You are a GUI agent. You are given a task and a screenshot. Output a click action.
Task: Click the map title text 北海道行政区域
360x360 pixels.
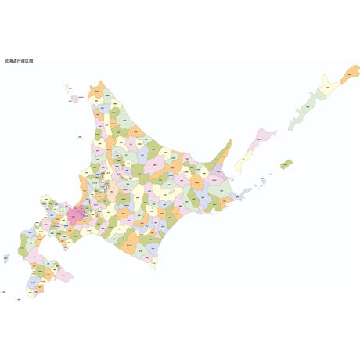pos(19,60)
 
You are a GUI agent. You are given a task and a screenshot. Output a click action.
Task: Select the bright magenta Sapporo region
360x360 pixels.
pos(77,213)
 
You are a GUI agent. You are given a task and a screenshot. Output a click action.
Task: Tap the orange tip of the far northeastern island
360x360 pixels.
pos(351,71)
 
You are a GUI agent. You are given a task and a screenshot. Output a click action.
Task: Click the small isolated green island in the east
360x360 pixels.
pos(286,164)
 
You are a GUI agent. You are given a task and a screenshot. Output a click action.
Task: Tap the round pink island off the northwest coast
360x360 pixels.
pos(75,99)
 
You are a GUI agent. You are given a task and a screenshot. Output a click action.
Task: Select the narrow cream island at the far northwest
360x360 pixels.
pos(67,88)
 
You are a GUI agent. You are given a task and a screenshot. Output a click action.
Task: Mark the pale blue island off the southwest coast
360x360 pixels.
pos(6,257)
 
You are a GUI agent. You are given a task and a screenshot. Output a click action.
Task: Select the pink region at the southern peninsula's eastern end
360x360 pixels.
pos(65,275)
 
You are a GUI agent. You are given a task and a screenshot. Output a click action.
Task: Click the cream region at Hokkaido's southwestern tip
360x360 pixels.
pos(31,293)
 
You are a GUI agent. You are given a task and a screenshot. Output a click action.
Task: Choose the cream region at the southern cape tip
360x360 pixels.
pos(153,261)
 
